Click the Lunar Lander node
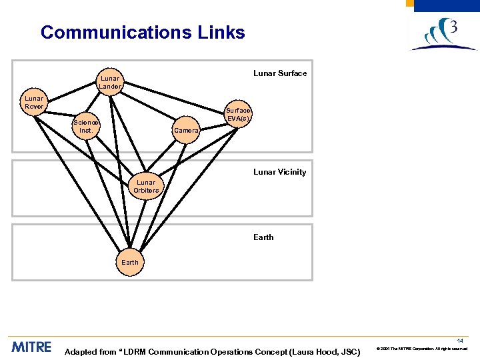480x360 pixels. tap(110, 82)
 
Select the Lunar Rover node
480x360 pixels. tap(34, 102)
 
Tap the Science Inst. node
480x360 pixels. tap(86, 126)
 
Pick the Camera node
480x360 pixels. tap(186, 131)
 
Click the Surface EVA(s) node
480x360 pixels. tap(238, 114)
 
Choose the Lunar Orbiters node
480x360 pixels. tap(146, 186)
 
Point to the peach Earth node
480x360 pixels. tap(130, 262)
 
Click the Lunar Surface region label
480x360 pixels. tap(280, 73)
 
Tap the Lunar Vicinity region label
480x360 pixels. tap(279, 172)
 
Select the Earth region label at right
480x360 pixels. tap(263, 237)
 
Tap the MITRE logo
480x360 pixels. tap(31, 347)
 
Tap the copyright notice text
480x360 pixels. tap(423, 349)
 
